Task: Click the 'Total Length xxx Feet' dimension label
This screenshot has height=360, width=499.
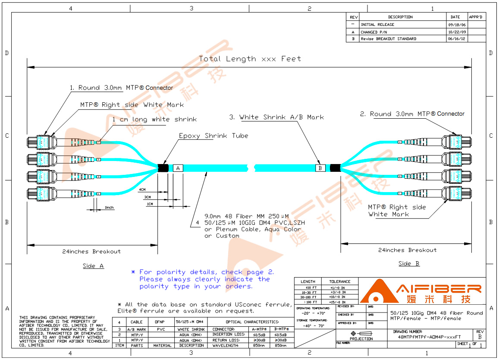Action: tap(250, 59)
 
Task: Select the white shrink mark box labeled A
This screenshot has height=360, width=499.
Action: tap(178, 168)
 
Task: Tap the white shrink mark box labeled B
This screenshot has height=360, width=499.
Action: tap(320, 168)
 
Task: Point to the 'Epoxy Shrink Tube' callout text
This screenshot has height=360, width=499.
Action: tap(213, 136)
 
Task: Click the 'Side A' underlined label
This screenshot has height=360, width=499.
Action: tap(93, 266)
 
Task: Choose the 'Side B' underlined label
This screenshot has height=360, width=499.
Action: tap(409, 264)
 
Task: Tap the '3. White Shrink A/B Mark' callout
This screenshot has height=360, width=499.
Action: tap(276, 117)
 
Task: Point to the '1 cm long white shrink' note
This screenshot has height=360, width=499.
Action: tap(154, 120)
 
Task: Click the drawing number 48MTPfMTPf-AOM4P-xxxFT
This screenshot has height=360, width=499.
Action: tap(429, 337)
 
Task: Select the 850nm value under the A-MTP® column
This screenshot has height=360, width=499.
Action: tap(258, 345)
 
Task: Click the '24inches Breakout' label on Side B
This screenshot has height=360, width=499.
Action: tap(407, 250)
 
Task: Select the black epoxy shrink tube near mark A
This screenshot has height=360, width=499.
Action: tap(163, 168)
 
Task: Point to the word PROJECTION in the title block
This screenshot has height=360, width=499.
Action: tap(361, 339)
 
